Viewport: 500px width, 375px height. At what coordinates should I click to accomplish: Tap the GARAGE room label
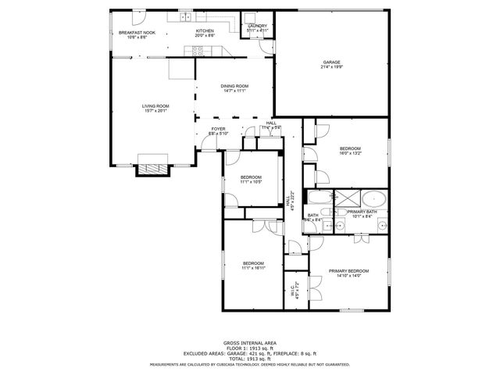332,62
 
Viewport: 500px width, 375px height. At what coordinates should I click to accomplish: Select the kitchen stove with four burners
199,52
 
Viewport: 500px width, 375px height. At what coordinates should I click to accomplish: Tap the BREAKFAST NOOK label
137,32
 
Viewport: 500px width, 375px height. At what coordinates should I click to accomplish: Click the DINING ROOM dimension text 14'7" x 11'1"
234,91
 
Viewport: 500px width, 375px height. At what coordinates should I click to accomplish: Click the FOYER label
218,129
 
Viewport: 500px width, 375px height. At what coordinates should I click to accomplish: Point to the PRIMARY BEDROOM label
348,270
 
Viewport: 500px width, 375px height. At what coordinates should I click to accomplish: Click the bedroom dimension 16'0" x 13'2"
350,154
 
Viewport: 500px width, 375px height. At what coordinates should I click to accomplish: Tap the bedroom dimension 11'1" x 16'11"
252,268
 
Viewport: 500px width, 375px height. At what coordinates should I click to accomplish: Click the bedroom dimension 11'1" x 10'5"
251,183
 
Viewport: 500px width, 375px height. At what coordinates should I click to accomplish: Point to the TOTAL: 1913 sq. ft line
250,358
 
